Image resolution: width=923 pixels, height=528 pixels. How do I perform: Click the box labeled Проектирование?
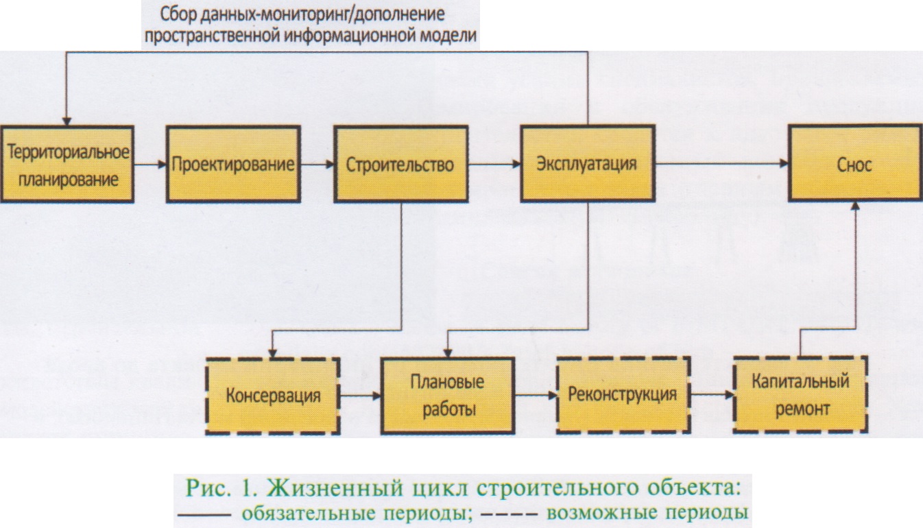[x=233, y=164]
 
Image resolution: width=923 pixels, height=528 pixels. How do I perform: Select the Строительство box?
[x=400, y=164]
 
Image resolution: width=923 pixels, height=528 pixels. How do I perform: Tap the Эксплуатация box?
[x=587, y=164]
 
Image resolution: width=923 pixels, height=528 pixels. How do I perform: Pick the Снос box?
[x=854, y=164]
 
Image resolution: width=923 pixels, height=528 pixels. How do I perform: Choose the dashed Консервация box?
[x=273, y=396]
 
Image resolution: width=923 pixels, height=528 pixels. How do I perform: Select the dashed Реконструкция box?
[x=623, y=395]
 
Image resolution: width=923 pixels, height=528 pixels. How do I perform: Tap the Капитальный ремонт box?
[x=801, y=395]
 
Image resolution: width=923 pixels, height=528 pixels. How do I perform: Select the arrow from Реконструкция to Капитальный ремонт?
[x=711, y=396]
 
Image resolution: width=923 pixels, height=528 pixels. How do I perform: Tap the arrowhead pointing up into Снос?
[x=855, y=207]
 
